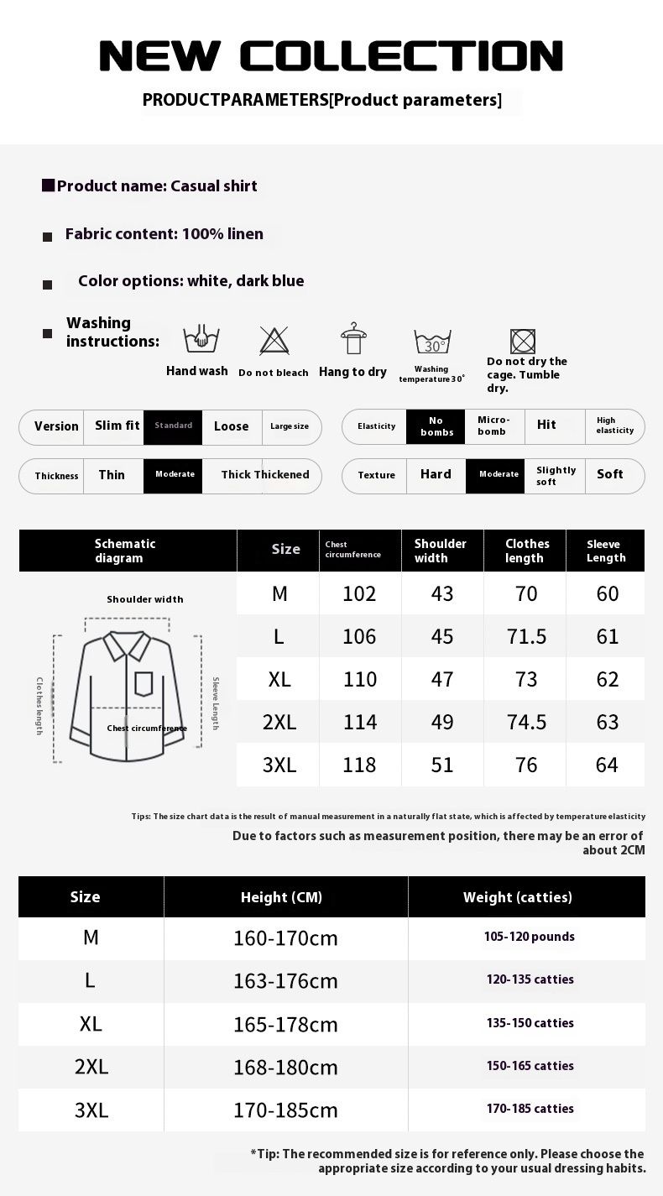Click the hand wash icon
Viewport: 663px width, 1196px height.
196,340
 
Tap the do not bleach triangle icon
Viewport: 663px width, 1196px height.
274,341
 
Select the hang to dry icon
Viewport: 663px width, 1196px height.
353,339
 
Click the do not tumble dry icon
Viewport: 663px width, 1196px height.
523,341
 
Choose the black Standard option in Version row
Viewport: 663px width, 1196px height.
173,426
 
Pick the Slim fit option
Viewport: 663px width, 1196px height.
117,426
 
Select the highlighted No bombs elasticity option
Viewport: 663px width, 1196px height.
436,426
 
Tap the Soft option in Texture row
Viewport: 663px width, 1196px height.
610,475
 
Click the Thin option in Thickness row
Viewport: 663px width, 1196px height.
112,475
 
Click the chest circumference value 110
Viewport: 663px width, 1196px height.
360,679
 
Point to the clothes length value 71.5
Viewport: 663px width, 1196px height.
526,636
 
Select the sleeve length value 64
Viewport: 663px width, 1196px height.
607,765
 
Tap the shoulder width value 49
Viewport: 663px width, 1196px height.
442,722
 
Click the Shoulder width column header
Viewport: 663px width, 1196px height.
441,551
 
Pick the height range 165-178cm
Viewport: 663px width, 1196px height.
285,1024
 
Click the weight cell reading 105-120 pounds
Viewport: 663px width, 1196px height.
530,937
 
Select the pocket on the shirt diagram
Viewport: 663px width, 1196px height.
144,683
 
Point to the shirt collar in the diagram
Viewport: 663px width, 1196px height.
127,645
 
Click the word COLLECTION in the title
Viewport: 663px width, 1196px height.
401,57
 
